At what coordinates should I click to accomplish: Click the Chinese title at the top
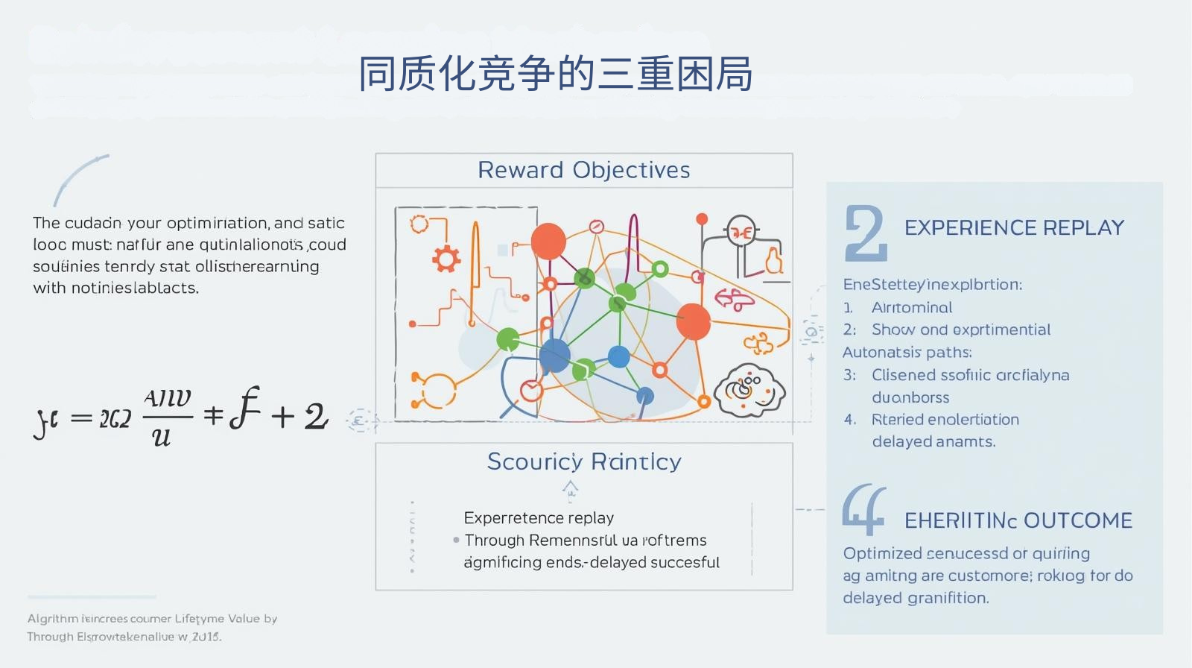click(x=555, y=74)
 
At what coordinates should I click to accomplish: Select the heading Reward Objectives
click(x=583, y=170)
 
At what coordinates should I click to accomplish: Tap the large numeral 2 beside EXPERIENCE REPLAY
click(x=866, y=233)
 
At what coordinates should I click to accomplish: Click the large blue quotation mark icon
click(x=863, y=509)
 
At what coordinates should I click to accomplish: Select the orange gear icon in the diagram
click(x=446, y=259)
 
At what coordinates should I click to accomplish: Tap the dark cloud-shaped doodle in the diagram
click(x=749, y=390)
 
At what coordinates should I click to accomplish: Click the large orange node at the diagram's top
click(x=548, y=241)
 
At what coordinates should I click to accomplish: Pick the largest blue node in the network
click(x=554, y=356)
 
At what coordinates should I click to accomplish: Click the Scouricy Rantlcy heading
click(x=583, y=461)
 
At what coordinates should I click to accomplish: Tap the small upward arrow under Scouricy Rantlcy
click(x=570, y=489)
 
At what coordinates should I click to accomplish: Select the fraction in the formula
click(x=167, y=417)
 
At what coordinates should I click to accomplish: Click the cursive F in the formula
click(x=244, y=409)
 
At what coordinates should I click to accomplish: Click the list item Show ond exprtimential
click(x=960, y=330)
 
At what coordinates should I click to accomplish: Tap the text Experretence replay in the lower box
click(x=539, y=517)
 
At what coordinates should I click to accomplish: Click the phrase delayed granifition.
click(x=916, y=598)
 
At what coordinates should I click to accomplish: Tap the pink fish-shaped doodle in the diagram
click(x=734, y=300)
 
